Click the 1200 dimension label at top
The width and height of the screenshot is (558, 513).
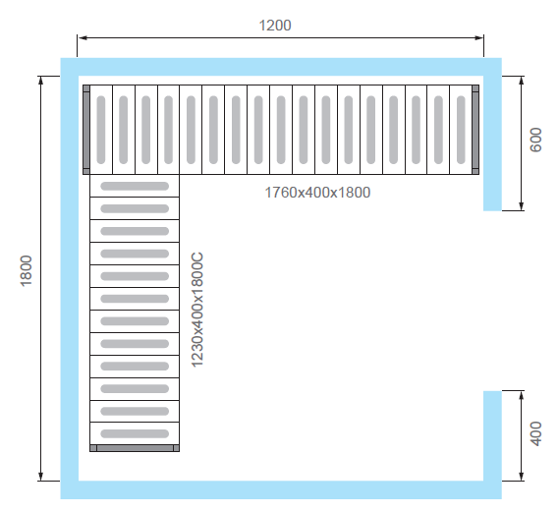point(275,26)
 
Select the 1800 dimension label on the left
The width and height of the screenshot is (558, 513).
point(27,270)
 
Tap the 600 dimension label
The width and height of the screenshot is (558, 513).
point(535,140)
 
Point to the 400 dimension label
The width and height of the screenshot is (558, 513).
point(535,433)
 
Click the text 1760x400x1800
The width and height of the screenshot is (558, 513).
point(317,193)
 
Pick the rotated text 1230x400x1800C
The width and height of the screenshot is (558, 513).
point(197,310)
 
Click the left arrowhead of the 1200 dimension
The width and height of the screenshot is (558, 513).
point(83,37)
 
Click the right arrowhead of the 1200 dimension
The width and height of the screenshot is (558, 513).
point(479,37)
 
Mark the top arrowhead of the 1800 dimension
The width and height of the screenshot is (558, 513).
point(41,81)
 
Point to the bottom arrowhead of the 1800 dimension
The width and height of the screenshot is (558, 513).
point(41,477)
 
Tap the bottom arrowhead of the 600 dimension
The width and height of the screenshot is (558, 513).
point(522,206)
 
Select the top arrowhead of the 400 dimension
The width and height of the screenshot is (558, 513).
point(522,395)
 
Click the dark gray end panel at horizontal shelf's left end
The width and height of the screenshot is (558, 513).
point(86,130)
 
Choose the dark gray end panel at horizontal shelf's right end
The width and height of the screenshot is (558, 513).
point(475,130)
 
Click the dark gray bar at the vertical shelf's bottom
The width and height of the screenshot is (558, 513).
point(135,448)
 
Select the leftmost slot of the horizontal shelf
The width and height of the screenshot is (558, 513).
point(101,130)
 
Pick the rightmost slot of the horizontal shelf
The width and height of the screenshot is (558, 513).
point(461,130)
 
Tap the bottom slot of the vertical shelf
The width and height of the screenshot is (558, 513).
point(135,433)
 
